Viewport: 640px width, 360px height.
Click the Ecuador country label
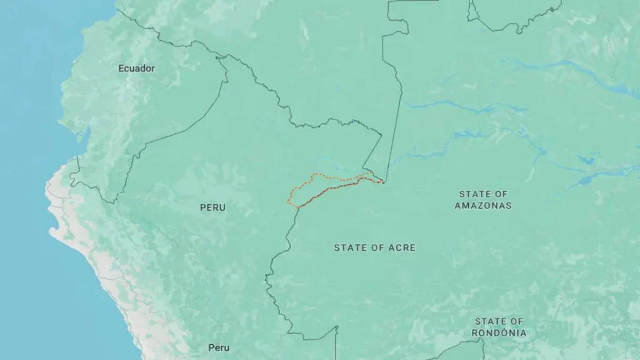[x=136, y=68]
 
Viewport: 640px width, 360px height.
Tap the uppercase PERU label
[x=212, y=207]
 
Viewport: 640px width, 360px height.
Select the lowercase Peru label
[x=219, y=347]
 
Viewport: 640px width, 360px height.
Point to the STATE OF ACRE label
[x=374, y=247]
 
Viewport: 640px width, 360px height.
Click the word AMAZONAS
[x=482, y=205]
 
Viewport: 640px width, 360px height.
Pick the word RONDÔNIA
[x=499, y=333]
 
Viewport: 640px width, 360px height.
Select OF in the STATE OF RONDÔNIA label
[x=517, y=321]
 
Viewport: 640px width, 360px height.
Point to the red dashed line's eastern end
[x=382, y=182]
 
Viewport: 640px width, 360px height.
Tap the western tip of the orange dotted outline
[x=287, y=201]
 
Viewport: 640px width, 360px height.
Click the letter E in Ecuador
[x=121, y=68]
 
